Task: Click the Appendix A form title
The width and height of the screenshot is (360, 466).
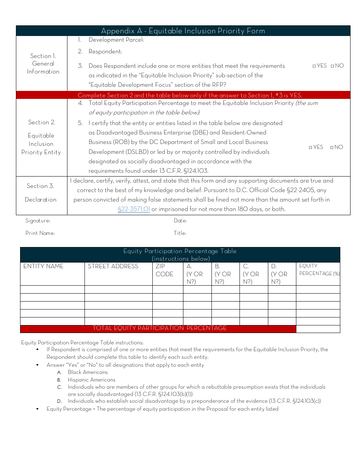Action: point(183,31)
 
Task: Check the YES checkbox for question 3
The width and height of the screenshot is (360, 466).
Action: point(314,66)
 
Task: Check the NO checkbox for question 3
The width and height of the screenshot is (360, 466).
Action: point(332,66)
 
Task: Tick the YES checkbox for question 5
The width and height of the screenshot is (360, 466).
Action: point(310,147)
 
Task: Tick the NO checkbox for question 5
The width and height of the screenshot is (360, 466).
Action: point(332,147)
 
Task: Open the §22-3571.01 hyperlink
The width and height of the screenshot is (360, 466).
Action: point(134,209)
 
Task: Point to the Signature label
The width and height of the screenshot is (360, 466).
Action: point(38,221)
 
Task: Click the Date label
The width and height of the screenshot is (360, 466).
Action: point(180,221)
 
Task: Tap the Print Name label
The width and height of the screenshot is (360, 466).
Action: point(40,233)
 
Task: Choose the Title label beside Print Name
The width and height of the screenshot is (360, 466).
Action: point(180,233)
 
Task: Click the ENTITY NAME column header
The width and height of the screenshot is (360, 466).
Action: point(43,266)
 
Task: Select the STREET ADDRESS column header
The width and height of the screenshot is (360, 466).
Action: point(113,266)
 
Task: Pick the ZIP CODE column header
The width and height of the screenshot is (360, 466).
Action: point(164,270)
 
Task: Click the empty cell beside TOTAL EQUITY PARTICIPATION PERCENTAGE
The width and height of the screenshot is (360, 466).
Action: point(318,329)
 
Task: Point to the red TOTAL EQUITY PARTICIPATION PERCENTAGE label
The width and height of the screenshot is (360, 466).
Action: point(160,328)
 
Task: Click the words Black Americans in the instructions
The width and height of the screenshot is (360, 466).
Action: point(88,372)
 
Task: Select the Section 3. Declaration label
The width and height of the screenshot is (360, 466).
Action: point(41,192)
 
